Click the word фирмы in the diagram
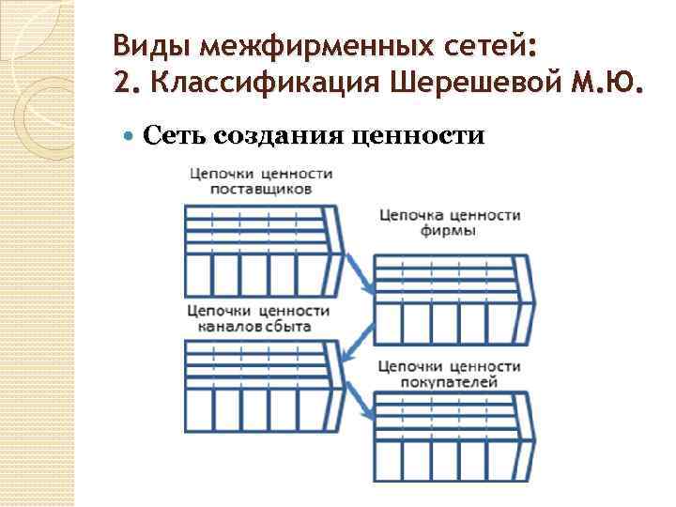450,231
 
